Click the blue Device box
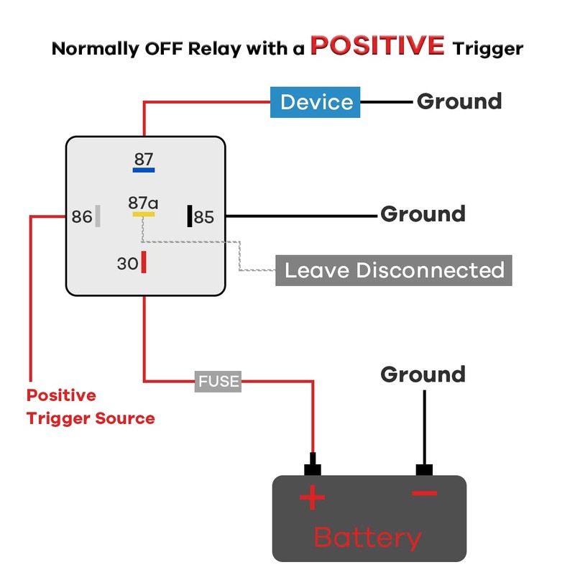coord(315,102)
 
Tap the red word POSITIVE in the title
coord(377,45)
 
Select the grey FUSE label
coord(218,382)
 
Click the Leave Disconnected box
coord(393,270)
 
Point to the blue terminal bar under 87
coord(144,170)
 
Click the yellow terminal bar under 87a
coord(144,214)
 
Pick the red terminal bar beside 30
coord(144,262)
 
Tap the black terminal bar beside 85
coord(190,216)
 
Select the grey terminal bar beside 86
coord(98,216)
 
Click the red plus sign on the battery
coord(313,497)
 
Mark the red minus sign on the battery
coord(424,493)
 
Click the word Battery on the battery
coord(367,538)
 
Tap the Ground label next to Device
coord(459,101)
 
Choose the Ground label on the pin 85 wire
coord(423,213)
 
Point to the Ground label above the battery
coord(423,374)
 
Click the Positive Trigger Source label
coord(91,407)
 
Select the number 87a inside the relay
coord(143,203)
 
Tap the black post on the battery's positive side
coord(313,464)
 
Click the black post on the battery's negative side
coord(424,469)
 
